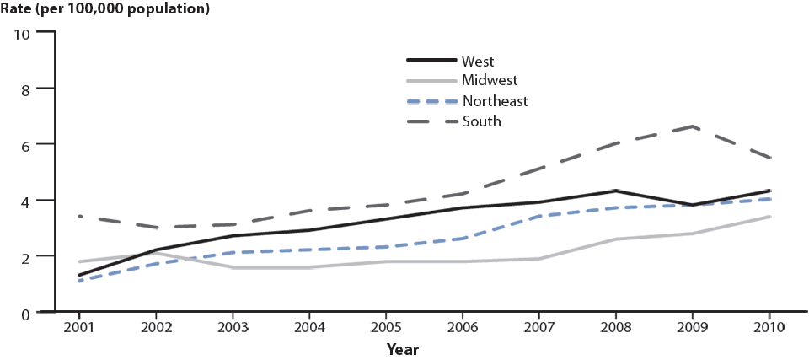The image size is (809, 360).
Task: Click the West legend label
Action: pos(477,61)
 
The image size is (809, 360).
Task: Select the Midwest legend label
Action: pos(489,81)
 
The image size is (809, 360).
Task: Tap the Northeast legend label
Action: pos(495,101)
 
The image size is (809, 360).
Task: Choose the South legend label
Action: pos(481,121)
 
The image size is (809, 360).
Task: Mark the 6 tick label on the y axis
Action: pos(26,145)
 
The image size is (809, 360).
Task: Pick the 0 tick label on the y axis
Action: pos(26,313)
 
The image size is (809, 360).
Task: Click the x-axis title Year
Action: pos(403,348)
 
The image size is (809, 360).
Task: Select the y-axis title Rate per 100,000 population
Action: pos(105,10)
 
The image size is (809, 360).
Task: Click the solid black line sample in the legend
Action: pos(431,61)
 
